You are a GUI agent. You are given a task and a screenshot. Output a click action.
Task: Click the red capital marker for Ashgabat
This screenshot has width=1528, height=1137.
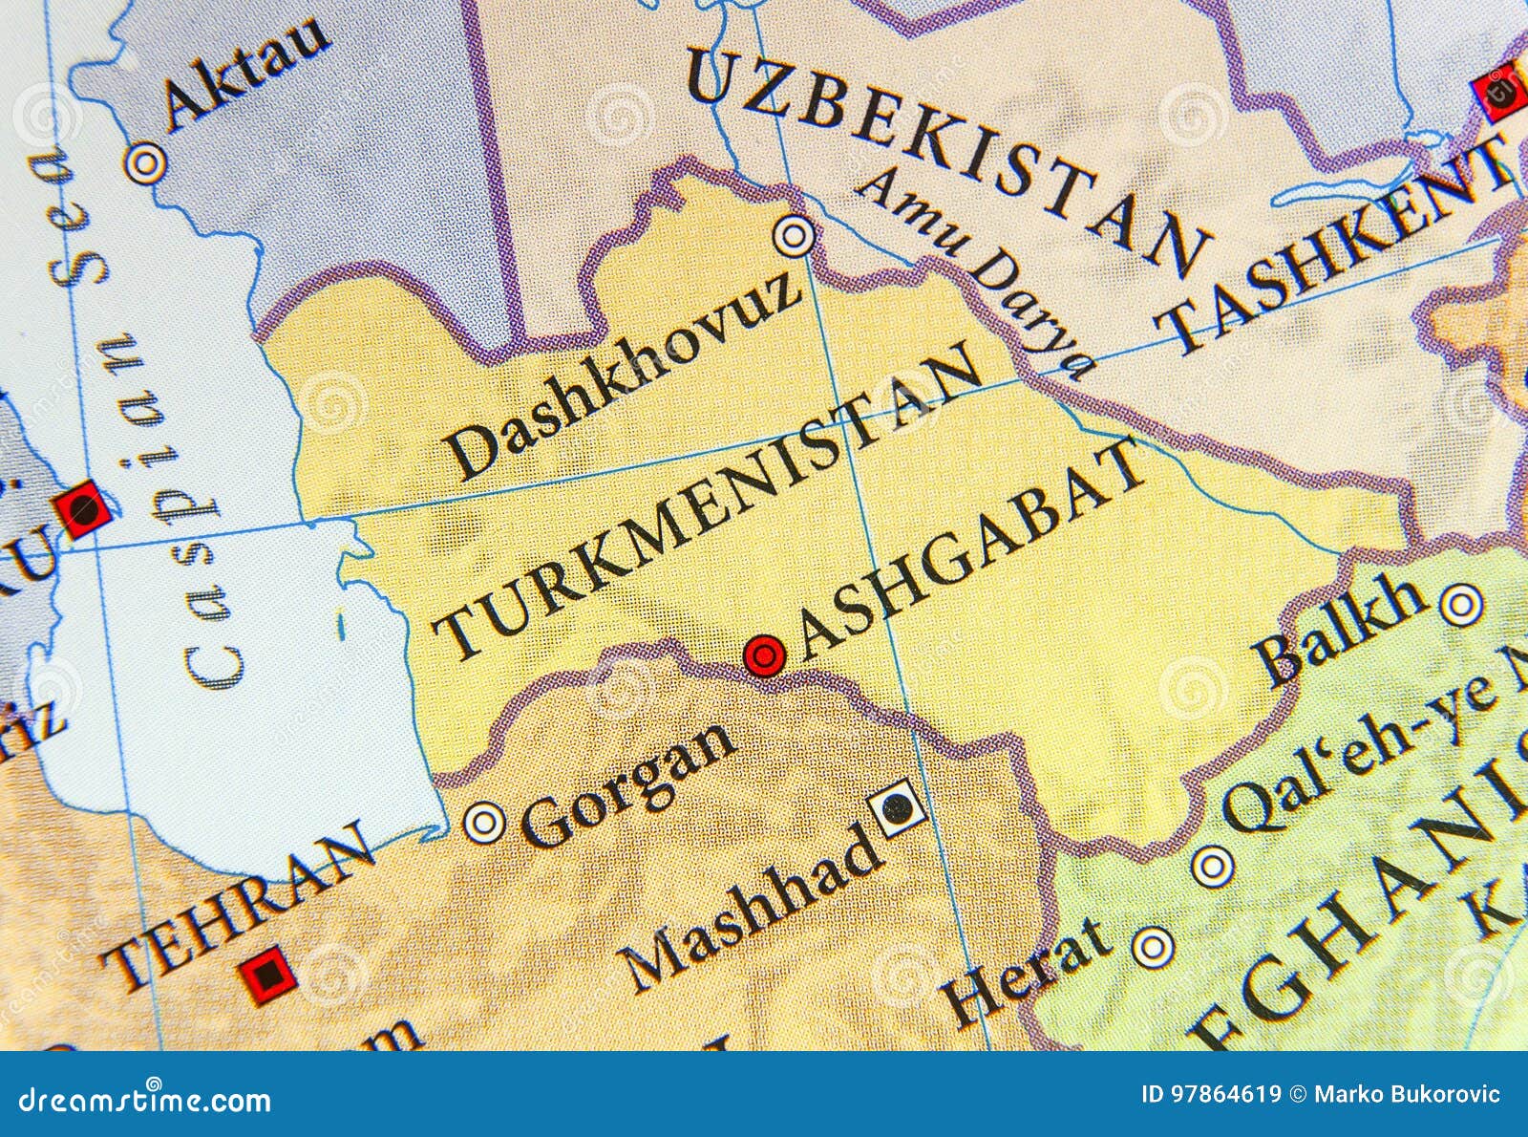[764, 655]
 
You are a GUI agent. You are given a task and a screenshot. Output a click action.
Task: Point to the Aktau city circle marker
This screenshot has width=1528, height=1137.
[145, 163]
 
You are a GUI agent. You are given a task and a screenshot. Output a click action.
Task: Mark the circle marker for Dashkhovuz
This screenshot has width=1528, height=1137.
[794, 235]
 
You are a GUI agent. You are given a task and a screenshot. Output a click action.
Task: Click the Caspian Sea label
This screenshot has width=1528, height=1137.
[143, 420]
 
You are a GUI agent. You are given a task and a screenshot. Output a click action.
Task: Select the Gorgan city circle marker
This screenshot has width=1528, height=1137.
[483, 821]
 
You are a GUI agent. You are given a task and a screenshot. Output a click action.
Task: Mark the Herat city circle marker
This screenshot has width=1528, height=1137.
[1153, 946]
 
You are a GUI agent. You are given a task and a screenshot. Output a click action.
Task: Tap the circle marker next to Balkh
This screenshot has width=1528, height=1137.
[1460, 605]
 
